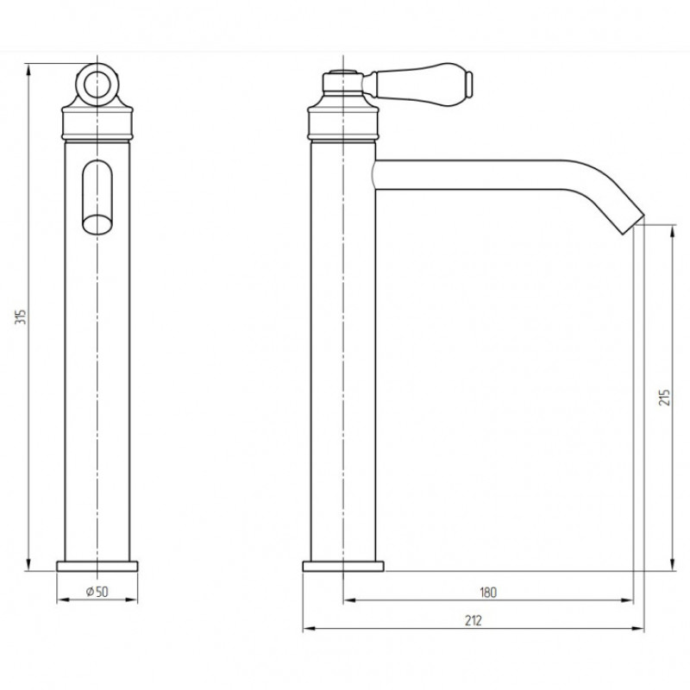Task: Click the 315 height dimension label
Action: (20, 317)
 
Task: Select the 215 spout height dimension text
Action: (663, 397)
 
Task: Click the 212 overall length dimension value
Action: (473, 620)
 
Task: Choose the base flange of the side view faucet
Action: (343, 566)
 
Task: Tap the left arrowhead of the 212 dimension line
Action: (307, 629)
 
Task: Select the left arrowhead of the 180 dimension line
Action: (348, 600)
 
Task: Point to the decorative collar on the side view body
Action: (343, 121)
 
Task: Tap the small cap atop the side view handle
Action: (342, 70)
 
